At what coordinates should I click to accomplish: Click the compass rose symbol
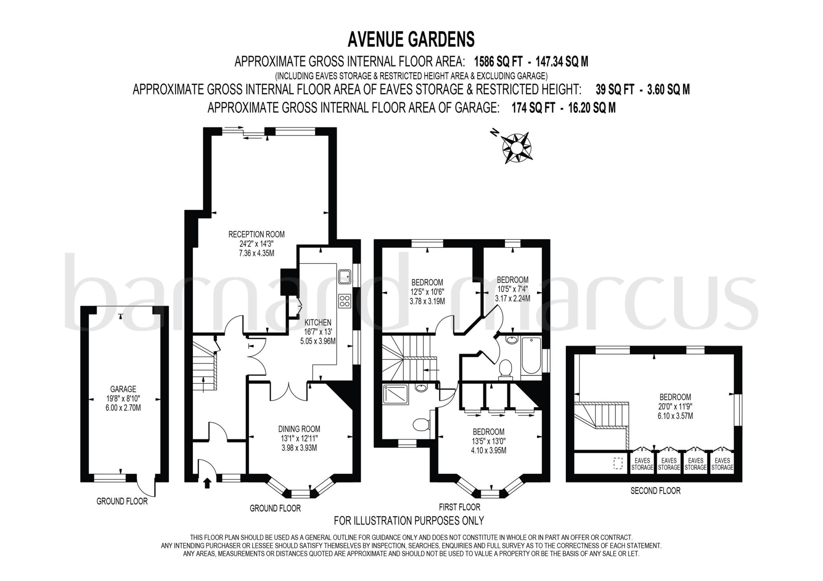tap(516, 147)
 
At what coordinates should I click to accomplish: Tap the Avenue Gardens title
tap(411, 39)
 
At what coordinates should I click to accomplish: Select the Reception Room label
tap(256, 234)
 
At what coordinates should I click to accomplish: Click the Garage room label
tap(123, 389)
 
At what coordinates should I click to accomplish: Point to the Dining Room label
tap(299, 429)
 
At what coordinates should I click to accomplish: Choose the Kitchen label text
tap(317, 322)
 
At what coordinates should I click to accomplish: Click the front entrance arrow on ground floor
tap(207, 483)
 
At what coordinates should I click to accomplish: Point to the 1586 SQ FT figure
tap(498, 62)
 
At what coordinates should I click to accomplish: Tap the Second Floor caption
tap(655, 491)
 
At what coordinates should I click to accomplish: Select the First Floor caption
tap(459, 507)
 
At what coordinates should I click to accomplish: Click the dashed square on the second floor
tap(618, 463)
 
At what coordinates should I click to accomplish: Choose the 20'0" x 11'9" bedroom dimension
tap(675, 406)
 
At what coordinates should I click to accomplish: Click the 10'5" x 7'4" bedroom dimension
tap(512, 289)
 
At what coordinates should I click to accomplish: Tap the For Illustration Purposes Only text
tap(409, 521)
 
